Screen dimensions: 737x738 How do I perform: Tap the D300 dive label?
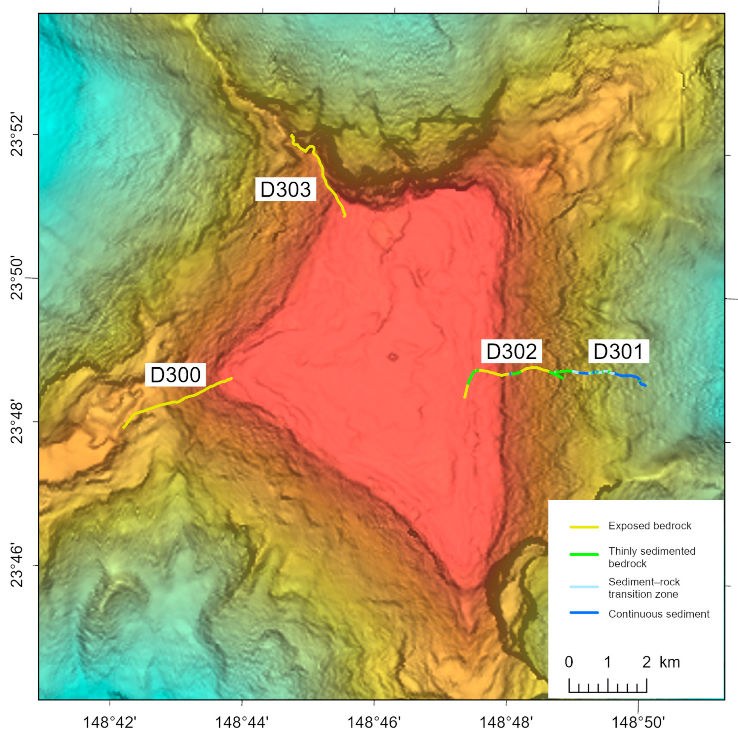tap(175, 375)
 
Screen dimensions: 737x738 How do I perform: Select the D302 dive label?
tap(511, 351)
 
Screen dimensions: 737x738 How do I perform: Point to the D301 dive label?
tap(618, 351)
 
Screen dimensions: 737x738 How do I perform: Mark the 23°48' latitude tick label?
tap(17, 421)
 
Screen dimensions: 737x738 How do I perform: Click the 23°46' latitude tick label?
tap(17, 565)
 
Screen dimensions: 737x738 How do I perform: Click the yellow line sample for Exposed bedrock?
tap(584, 527)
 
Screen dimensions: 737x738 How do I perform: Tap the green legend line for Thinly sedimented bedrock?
tap(584, 554)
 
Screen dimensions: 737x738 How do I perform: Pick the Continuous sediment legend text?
tap(659, 614)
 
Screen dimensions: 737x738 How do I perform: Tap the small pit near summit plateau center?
tap(393, 357)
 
